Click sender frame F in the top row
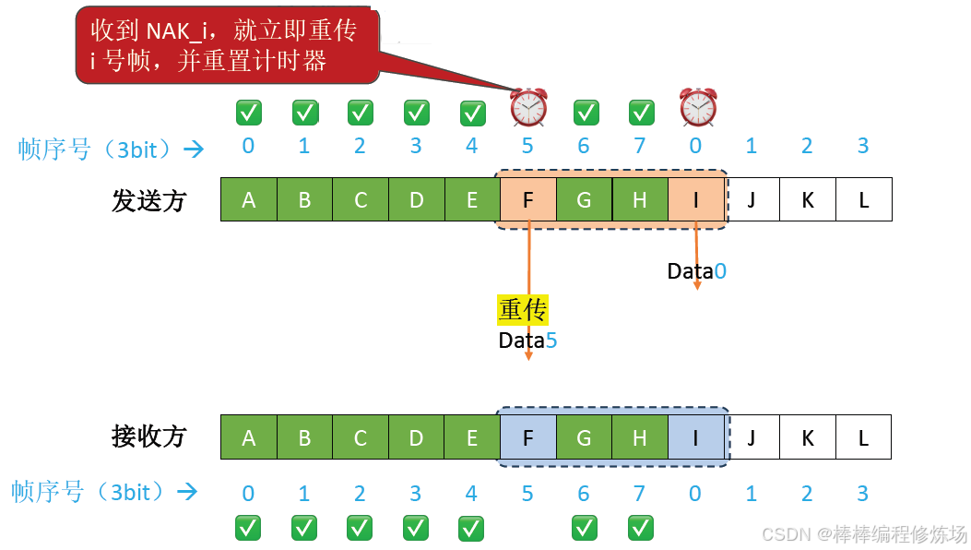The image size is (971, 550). [x=528, y=199]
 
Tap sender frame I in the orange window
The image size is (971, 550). [x=695, y=199]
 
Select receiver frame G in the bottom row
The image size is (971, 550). [x=584, y=437]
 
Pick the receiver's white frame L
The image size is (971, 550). [x=863, y=437]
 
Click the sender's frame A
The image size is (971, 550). [x=248, y=199]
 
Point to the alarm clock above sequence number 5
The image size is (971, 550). [x=528, y=108]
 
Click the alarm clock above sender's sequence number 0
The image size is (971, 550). [x=698, y=108]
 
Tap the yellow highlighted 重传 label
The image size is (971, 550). [x=523, y=310]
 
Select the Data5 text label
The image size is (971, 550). [x=527, y=341]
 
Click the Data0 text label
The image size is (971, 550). [x=697, y=271]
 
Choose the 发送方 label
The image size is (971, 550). [x=148, y=200]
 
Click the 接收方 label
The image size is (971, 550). [x=148, y=436]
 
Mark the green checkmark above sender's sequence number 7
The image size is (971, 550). [x=641, y=113]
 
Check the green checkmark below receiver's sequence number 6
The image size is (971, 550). [x=584, y=528]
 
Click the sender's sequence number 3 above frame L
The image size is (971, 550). [x=863, y=146]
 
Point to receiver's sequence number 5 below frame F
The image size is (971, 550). [x=527, y=494]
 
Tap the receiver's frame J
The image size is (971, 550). [x=752, y=437]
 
